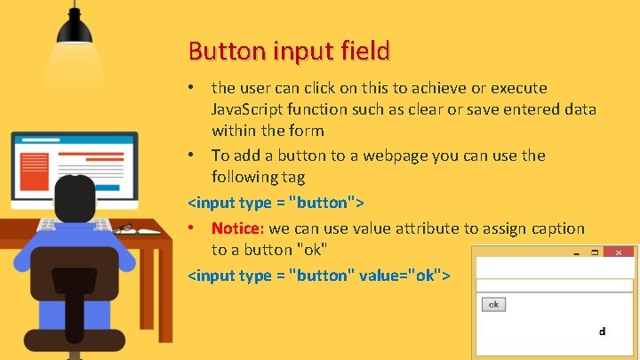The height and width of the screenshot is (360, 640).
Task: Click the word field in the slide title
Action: click(364, 51)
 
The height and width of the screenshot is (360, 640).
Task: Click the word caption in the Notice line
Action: click(549, 228)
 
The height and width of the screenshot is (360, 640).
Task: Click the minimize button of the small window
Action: click(576, 253)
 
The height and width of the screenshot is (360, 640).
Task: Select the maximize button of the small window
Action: click(596, 252)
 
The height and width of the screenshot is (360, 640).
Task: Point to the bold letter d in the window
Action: click(602, 332)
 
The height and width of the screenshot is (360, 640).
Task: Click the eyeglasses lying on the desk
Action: click(123, 228)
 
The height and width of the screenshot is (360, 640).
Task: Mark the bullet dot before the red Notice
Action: click(193, 228)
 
